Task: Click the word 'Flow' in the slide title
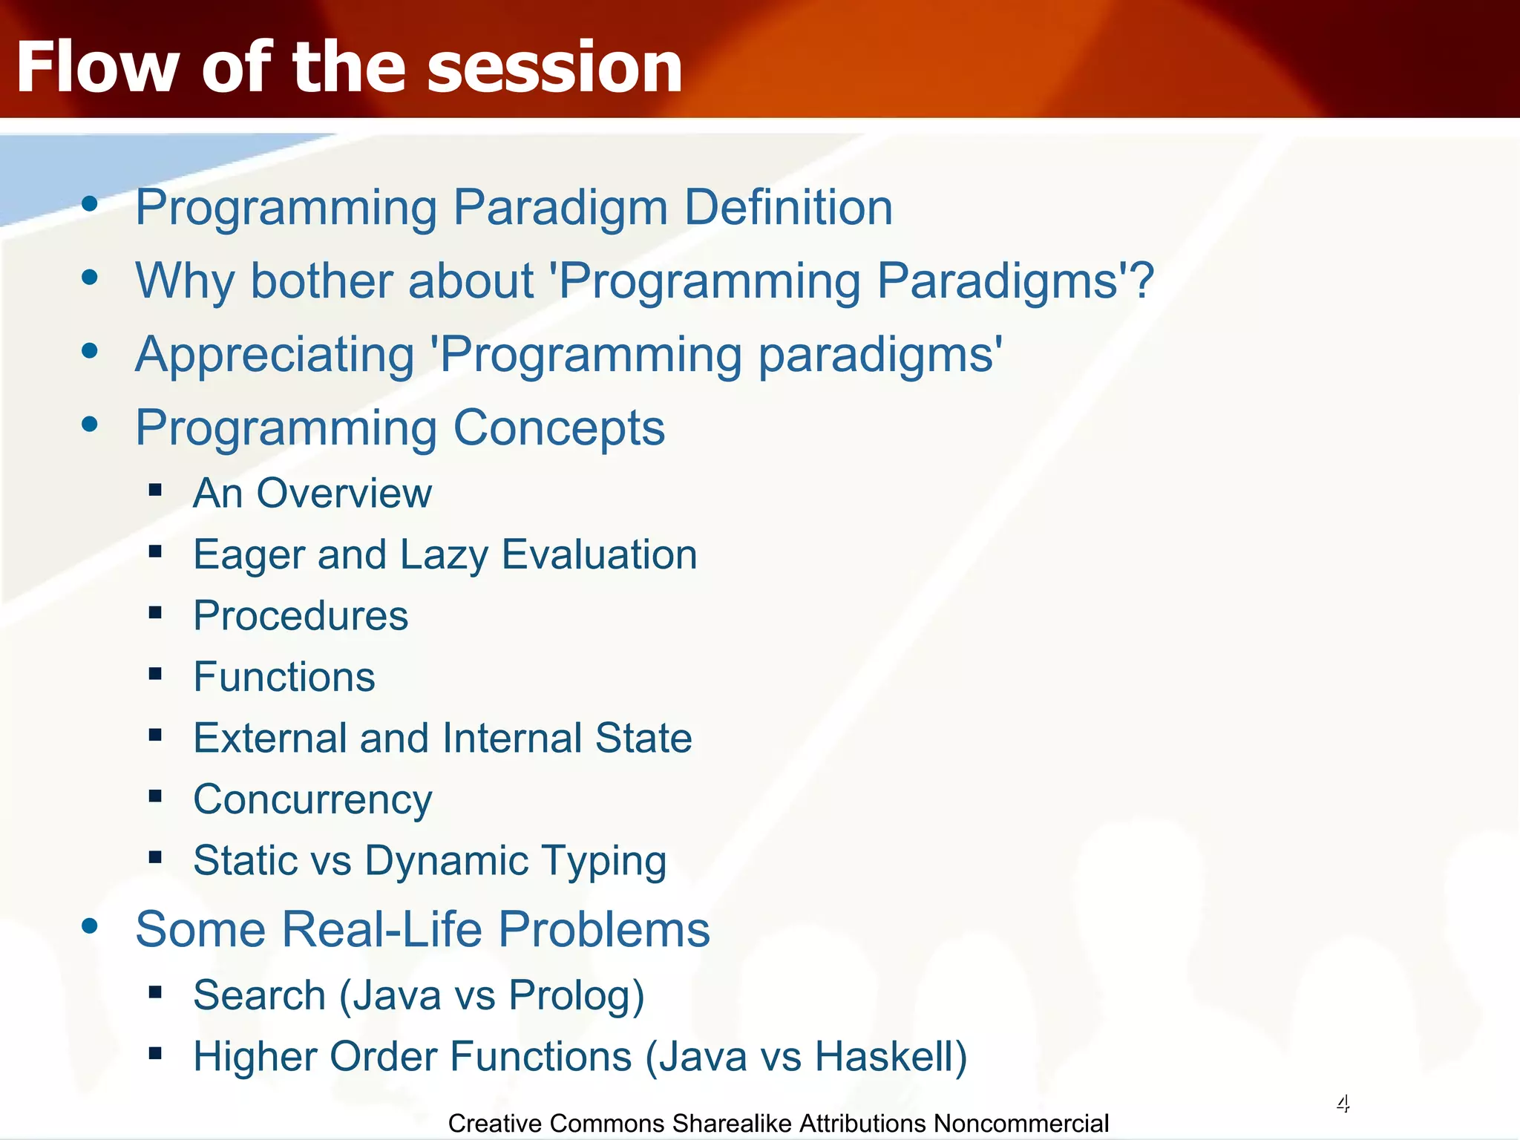click(x=96, y=67)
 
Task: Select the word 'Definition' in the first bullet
click(x=788, y=207)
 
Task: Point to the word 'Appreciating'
click(x=275, y=355)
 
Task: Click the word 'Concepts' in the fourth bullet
click(x=559, y=428)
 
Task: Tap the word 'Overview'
click(x=344, y=493)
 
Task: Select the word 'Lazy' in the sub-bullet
click(x=444, y=556)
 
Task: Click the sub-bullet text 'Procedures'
click(x=301, y=615)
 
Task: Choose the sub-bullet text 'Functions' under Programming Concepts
click(x=284, y=677)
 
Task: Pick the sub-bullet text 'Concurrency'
click(x=312, y=800)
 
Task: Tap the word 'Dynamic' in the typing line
click(x=447, y=862)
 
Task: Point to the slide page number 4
click(x=1343, y=1104)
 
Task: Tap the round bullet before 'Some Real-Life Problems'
click(x=90, y=926)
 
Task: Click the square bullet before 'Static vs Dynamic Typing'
click(x=155, y=858)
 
